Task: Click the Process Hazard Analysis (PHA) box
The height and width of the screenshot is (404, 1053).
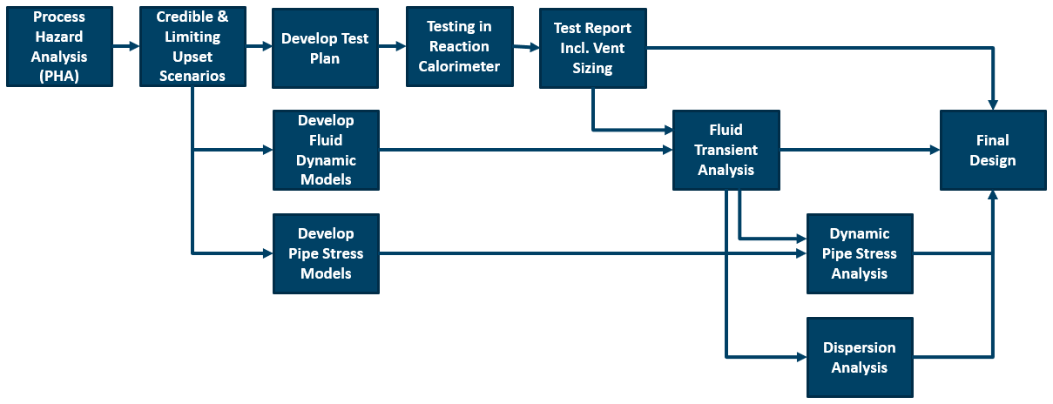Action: (x=60, y=46)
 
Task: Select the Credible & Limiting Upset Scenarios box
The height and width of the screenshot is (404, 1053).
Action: (x=192, y=46)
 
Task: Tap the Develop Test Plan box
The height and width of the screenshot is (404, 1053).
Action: (x=325, y=48)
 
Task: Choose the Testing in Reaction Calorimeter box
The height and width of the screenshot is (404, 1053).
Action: (x=460, y=46)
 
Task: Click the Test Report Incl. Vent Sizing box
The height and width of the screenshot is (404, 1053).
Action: (x=593, y=48)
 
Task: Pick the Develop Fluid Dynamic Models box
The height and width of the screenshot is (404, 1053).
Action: (x=327, y=151)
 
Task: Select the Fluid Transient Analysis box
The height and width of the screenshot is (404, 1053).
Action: (x=726, y=151)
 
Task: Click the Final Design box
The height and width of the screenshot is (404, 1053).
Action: (x=993, y=151)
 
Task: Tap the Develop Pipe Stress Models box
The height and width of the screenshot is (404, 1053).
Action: (x=327, y=254)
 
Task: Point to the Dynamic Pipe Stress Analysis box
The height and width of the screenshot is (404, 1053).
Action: (x=860, y=254)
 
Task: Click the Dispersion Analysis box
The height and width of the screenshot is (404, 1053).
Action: (x=860, y=358)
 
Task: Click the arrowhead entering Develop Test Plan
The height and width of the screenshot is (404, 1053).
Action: (x=267, y=46)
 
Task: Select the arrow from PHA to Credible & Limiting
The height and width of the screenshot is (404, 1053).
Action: (x=126, y=46)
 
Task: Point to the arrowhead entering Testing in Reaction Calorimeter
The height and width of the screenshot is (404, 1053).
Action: (x=401, y=46)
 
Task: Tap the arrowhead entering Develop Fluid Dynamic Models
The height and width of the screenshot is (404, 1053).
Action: (x=268, y=150)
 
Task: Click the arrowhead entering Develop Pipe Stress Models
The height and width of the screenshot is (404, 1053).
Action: (x=268, y=253)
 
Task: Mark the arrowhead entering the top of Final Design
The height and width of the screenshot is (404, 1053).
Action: (x=993, y=105)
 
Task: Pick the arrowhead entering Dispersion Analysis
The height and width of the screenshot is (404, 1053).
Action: (x=802, y=358)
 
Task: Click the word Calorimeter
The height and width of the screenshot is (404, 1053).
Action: (x=459, y=66)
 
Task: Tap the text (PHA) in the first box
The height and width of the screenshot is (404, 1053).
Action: (x=59, y=76)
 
